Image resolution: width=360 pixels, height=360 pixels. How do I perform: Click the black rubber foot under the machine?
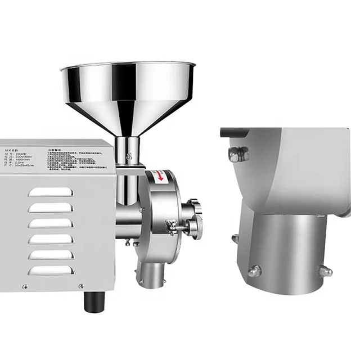click(92, 302)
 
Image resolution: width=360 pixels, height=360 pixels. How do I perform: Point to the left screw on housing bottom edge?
click(24, 287)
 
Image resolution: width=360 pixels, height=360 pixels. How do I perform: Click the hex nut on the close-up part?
click(238, 153)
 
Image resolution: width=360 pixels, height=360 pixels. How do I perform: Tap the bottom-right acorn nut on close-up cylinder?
click(325, 272)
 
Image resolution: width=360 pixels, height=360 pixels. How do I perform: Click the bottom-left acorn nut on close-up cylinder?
click(255, 271)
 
